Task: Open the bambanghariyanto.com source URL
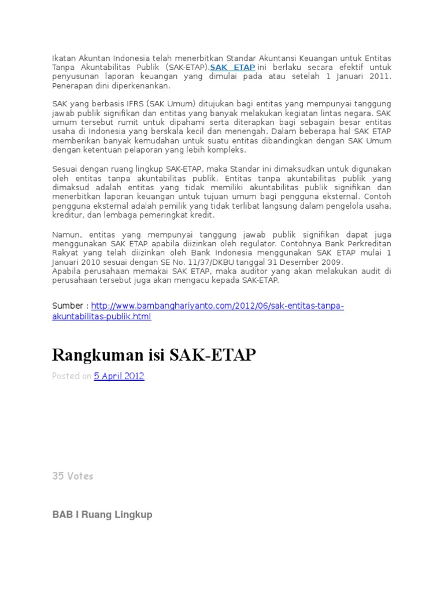[218, 306]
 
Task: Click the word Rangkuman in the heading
[92, 355]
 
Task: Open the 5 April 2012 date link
[119, 376]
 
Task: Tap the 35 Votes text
[73, 476]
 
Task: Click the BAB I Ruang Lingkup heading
[102, 515]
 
